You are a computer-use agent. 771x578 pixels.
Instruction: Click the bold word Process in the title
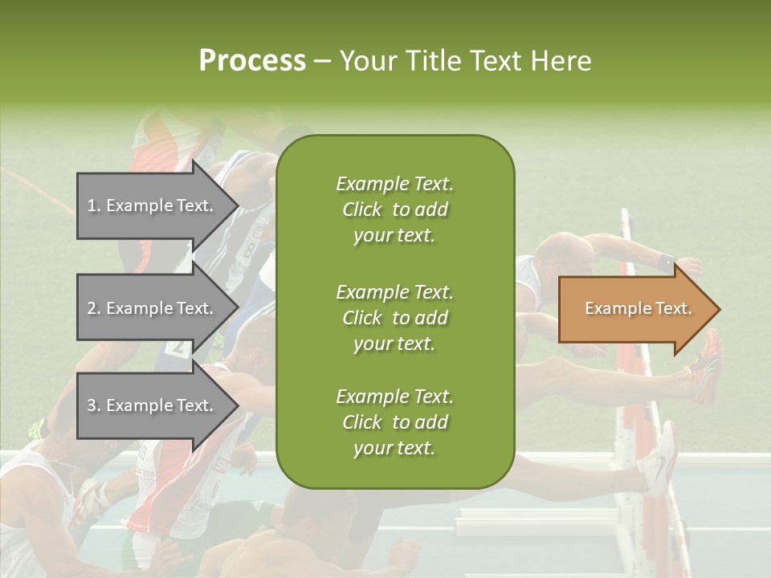[x=252, y=61]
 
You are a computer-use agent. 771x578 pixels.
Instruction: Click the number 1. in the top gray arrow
[x=93, y=206]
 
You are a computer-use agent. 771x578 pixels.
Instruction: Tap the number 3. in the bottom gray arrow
[x=93, y=405]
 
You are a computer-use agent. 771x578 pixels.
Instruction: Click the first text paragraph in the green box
[x=394, y=210]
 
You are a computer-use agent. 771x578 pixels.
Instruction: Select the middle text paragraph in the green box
[x=394, y=318]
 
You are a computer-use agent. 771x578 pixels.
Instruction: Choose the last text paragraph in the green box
[x=394, y=422]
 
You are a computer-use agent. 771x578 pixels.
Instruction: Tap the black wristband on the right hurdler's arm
[x=665, y=261]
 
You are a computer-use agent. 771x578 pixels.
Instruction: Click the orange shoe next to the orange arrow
[x=707, y=365]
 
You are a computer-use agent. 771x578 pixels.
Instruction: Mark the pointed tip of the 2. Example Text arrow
[x=237, y=308]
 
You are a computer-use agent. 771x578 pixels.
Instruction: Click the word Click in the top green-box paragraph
[x=361, y=210]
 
